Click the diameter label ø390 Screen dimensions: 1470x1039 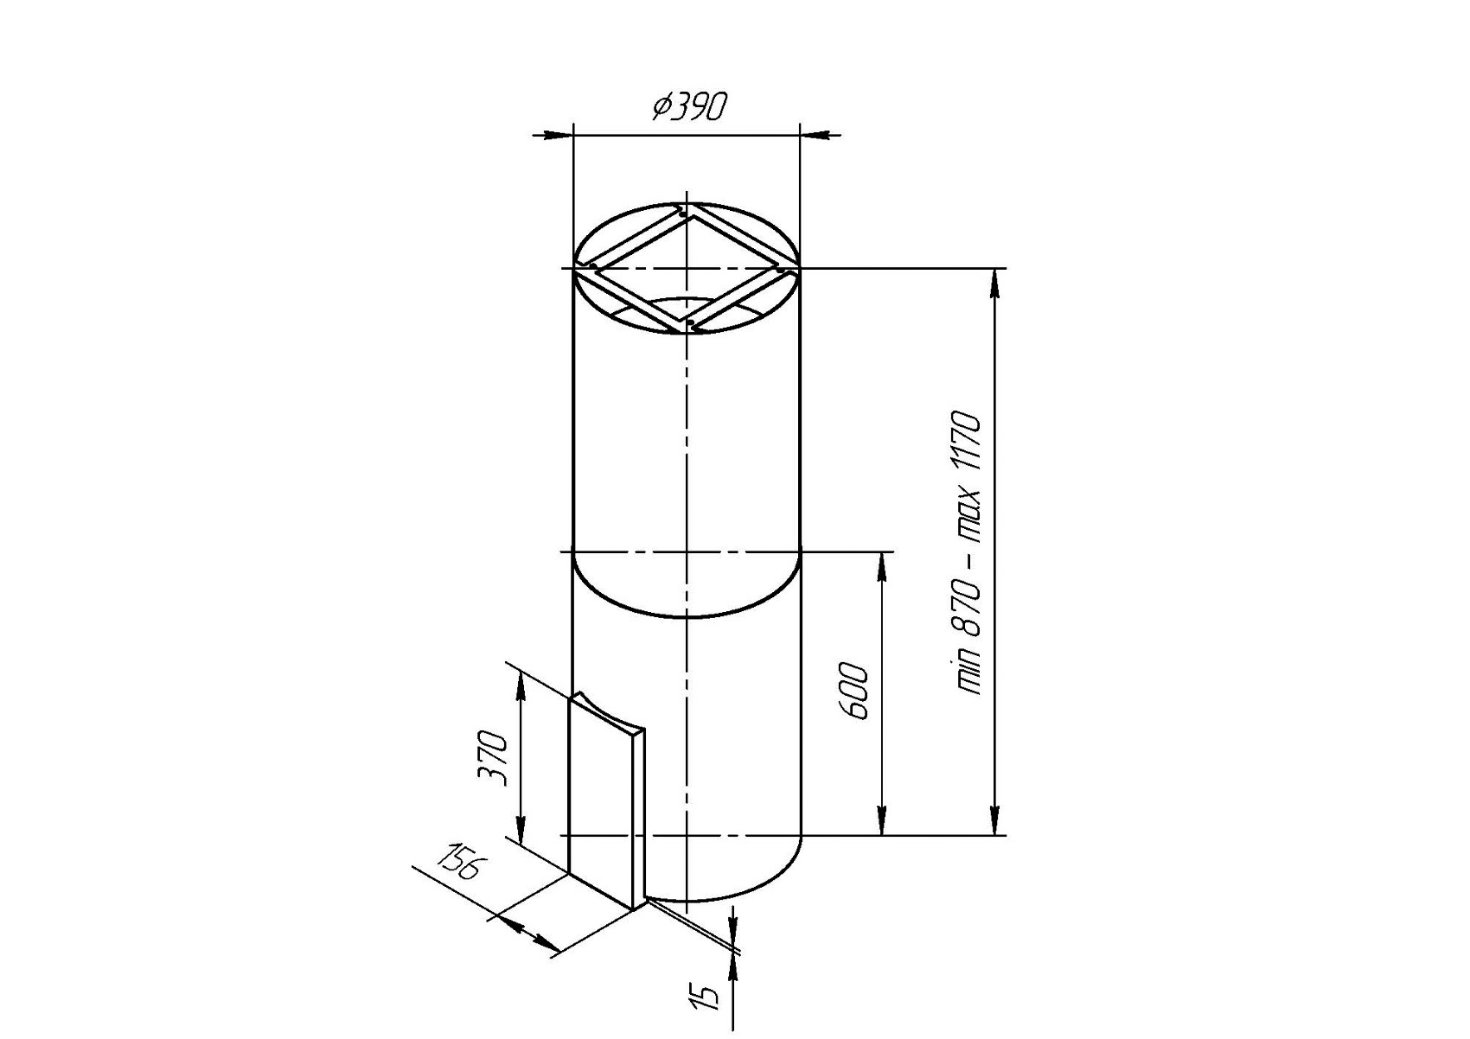click(689, 107)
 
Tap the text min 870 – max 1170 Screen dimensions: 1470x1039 click(968, 553)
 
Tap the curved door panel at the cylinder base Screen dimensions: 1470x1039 click(607, 801)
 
